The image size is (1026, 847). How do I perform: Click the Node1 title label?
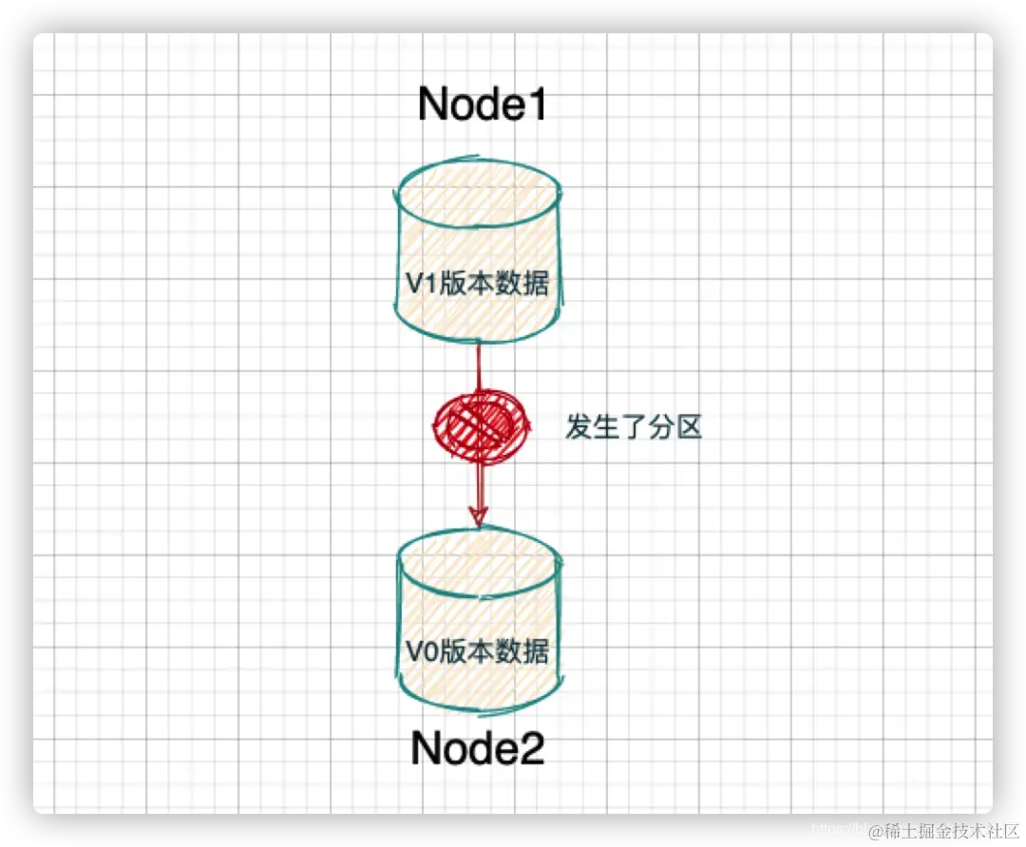(484, 104)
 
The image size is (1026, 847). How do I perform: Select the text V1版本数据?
(476, 283)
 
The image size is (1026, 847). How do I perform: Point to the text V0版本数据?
(477, 651)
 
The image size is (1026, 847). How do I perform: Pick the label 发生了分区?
(633, 427)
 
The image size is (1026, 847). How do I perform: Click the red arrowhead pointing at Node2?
(479, 516)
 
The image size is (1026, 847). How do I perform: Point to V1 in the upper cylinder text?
(419, 283)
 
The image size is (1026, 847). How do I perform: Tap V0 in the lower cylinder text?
(420, 652)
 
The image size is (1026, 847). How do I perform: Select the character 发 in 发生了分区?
(579, 427)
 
